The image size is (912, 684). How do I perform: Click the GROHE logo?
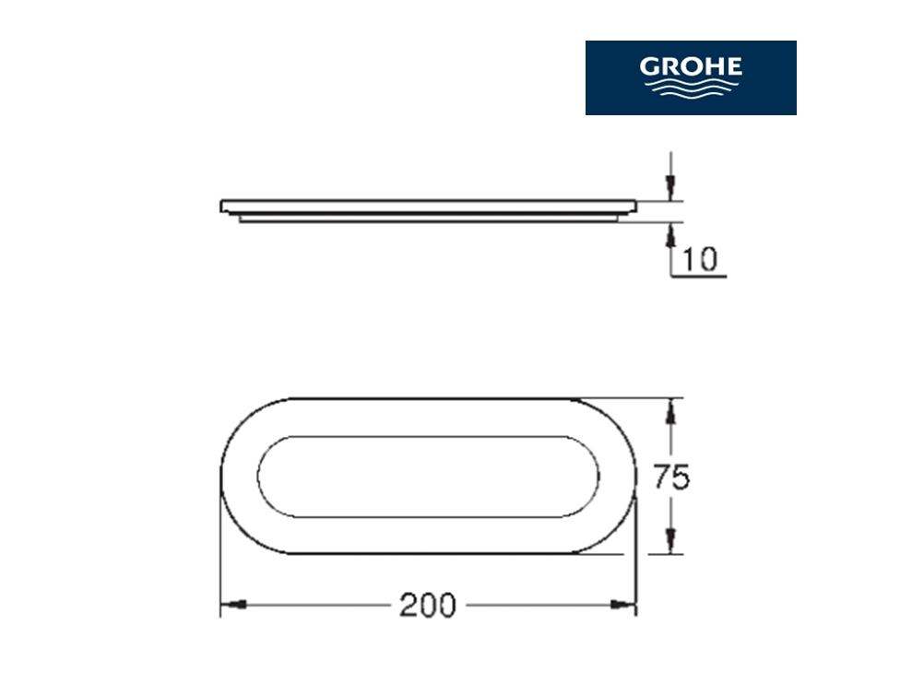point(691,77)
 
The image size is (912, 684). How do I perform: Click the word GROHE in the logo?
point(691,66)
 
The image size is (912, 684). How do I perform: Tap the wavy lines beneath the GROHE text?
point(691,88)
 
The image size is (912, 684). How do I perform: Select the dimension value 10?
point(699,259)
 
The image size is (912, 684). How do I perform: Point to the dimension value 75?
point(670,477)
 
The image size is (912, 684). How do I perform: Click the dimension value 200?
point(428,606)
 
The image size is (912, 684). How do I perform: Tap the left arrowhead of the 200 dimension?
point(233,605)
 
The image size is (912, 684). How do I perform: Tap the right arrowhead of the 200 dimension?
point(623,605)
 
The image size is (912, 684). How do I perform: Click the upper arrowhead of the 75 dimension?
point(671,411)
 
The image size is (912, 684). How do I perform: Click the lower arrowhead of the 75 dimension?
point(671,541)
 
